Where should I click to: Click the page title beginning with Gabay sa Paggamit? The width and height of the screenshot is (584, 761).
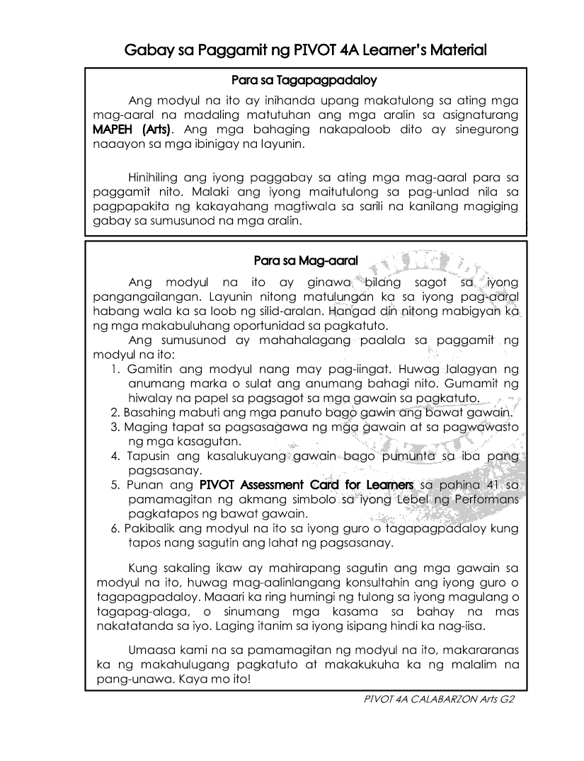pos(305,50)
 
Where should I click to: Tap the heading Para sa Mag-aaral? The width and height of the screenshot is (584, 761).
pos(305,261)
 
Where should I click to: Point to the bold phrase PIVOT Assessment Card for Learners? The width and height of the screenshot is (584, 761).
pos(307,485)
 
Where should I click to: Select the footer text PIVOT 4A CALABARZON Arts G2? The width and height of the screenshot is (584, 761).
pos(437,698)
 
